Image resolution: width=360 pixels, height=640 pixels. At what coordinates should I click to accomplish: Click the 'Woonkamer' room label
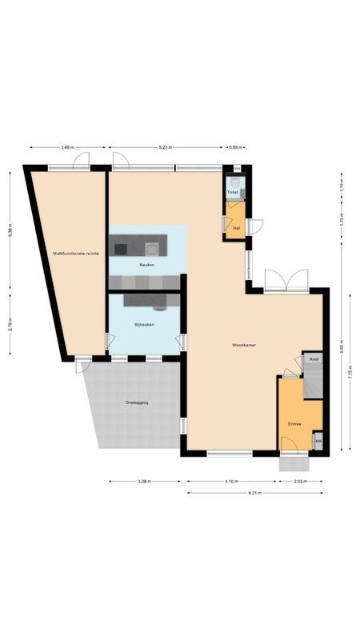243,346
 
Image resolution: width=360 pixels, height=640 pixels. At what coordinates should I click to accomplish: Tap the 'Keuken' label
146,265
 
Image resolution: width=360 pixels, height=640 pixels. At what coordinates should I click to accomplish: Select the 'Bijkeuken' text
144,325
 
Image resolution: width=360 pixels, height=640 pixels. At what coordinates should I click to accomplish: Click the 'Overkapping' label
137,402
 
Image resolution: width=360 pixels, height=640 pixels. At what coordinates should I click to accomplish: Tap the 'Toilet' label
233,193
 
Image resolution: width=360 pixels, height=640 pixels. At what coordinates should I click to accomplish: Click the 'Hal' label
235,228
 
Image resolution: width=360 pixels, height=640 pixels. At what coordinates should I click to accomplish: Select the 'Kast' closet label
314,360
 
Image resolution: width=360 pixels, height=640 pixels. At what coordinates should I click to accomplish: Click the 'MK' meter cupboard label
318,442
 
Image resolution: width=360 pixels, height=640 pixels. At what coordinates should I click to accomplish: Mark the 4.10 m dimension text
231,481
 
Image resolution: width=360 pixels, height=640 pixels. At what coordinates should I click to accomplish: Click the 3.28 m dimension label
145,481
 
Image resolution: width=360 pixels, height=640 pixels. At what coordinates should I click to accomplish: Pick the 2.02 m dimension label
300,481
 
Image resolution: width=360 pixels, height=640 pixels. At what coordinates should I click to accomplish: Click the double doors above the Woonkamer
286,281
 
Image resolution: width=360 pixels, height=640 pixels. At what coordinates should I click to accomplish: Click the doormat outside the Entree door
294,462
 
